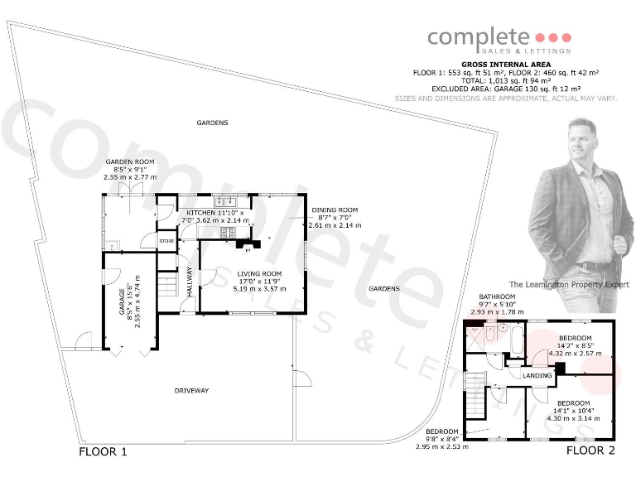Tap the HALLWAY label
coord(189,282)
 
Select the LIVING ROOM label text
coord(259,273)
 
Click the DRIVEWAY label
coord(191,389)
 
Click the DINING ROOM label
coord(335,210)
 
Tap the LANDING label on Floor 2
coord(537,376)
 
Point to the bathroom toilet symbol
coord(490,334)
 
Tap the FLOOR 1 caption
coord(103,452)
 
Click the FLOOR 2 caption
coord(590,450)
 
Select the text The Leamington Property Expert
coord(568,284)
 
